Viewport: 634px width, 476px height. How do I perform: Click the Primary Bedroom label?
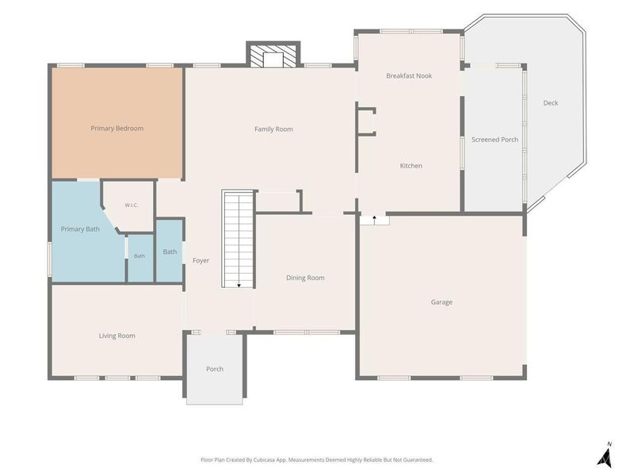(116, 129)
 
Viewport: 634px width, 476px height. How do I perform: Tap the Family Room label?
(273, 129)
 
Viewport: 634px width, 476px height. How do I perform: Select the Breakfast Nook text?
(409, 75)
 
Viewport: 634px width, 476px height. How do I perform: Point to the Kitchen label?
(411, 166)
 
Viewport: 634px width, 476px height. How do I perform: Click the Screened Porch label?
(495, 140)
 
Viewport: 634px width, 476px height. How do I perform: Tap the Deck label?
(550, 103)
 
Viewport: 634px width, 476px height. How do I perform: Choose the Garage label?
(441, 302)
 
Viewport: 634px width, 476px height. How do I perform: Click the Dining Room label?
(305, 278)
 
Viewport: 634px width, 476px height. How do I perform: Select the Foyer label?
(201, 261)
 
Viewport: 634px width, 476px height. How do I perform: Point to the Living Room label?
(116, 336)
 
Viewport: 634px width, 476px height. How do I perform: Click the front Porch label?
(215, 369)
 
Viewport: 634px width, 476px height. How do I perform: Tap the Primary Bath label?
(80, 229)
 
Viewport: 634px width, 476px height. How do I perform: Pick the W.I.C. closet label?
(132, 205)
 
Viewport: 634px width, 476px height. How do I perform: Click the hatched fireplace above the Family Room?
(273, 54)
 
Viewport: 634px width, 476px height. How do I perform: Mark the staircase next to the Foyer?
(239, 239)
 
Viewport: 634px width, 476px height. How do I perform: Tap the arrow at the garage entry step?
(375, 220)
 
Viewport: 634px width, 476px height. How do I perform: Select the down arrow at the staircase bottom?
(239, 286)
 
